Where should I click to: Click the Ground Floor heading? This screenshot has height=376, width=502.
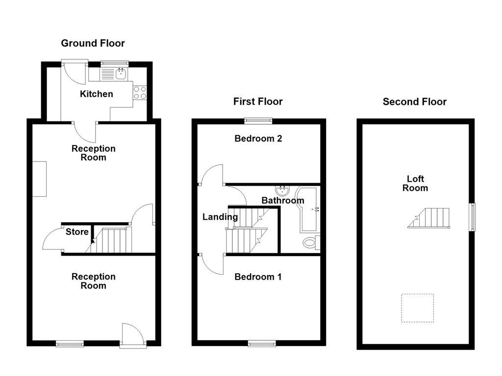93,43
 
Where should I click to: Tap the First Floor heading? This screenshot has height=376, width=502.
258,101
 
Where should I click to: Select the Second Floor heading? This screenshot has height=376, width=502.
414,101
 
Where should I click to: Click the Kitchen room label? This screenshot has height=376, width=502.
97,94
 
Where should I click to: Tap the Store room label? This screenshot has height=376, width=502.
77,232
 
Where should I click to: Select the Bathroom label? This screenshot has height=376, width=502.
282,200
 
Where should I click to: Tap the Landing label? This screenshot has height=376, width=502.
220,217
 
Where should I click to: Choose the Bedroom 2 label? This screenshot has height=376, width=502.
258,139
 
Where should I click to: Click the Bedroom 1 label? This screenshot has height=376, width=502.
258,277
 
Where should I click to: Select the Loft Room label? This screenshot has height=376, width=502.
415,184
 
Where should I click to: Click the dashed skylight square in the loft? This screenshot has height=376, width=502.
417,307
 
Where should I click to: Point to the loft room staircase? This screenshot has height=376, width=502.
430,218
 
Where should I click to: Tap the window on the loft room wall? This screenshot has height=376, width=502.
473,217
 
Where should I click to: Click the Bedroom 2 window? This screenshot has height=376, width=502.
258,119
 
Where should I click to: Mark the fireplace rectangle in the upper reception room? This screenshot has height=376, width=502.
40,179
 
